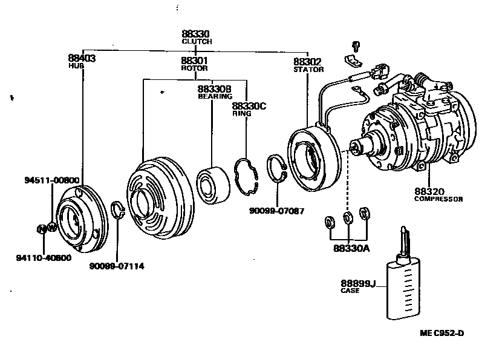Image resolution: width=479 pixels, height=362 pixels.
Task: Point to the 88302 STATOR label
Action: click(307, 61)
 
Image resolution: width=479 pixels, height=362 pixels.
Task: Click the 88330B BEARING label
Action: click(214, 89)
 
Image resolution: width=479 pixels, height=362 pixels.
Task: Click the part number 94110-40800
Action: click(43, 257)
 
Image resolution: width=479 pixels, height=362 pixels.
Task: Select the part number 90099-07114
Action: click(119, 266)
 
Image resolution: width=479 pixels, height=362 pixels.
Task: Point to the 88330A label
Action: click(349, 247)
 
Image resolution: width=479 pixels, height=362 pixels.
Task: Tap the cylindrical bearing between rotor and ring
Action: click(213, 181)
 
